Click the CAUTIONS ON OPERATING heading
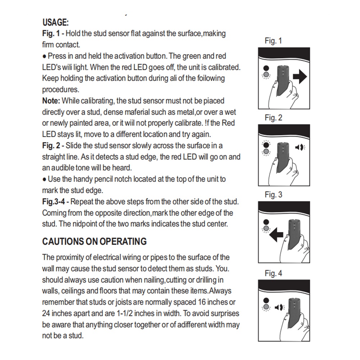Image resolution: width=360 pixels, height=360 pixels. [x=94, y=241]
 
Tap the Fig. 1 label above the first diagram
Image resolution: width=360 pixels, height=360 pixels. [x=273, y=41]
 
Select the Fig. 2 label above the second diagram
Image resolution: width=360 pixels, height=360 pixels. [x=273, y=118]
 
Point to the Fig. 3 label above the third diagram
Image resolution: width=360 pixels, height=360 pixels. [x=273, y=195]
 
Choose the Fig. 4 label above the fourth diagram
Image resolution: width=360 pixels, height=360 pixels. [x=273, y=273]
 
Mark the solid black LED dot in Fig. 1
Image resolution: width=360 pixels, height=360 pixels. [x=266, y=68]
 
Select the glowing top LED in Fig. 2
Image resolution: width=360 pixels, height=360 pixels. [x=266, y=144]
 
